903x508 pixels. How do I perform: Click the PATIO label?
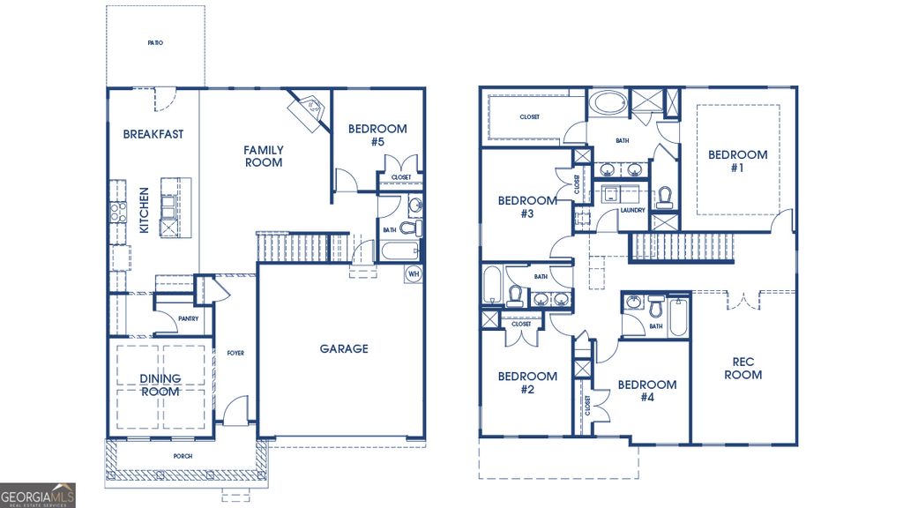point(155,42)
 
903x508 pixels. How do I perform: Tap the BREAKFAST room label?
point(153,134)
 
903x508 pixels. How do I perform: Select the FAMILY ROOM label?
point(263,156)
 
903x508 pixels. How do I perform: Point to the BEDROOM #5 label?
point(377,135)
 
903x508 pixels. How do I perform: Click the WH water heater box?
point(413,274)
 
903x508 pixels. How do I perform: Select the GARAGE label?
point(343,349)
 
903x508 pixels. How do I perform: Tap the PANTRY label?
point(187,319)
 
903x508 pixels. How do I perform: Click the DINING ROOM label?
point(160,385)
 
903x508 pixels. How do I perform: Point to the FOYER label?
point(235,354)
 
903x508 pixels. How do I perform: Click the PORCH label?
point(183,456)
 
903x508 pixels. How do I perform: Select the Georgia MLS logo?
point(38,495)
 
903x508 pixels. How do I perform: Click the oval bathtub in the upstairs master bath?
point(606,103)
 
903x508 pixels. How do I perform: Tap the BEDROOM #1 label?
point(737,161)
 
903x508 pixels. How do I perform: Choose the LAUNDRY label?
point(631,210)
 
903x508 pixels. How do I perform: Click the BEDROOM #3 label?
point(526,206)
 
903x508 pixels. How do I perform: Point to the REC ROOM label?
point(743,368)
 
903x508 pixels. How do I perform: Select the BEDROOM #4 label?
point(646,391)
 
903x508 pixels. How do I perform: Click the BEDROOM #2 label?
point(526,383)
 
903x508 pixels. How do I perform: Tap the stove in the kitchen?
point(116,212)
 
